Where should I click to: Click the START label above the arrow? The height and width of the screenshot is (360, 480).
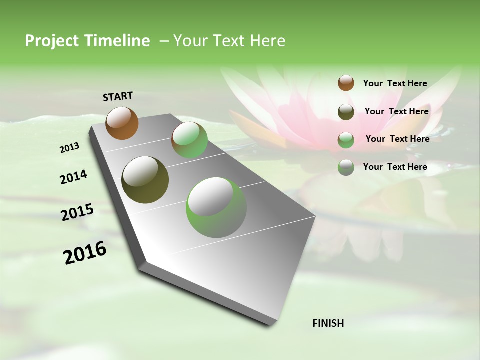point(118,96)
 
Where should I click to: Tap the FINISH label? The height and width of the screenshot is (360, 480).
point(328,323)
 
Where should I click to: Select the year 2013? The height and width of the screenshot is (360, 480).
point(70,148)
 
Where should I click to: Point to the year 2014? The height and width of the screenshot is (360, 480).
point(73,177)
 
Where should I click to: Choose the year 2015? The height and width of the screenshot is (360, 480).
point(77,213)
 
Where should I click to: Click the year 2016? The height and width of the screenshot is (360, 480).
point(85,253)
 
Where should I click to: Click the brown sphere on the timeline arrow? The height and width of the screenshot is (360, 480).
point(122,123)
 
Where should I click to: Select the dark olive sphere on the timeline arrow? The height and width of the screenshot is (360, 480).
point(145,180)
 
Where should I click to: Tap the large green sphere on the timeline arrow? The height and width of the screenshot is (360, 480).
point(216,207)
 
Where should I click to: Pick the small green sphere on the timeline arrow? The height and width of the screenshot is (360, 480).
point(189,140)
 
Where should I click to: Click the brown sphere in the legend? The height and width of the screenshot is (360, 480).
point(346,83)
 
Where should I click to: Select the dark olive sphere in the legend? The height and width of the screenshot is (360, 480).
point(346,112)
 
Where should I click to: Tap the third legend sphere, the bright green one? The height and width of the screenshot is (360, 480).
point(346,140)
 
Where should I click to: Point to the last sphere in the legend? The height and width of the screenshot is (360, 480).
point(346,167)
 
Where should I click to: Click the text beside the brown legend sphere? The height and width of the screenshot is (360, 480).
point(395,83)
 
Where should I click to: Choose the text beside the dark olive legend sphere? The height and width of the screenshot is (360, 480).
point(396,111)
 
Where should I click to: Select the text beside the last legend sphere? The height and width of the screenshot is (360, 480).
point(395,167)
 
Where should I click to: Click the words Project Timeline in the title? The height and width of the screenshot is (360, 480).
point(87,41)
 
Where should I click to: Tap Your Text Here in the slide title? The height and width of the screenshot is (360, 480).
point(229,41)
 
